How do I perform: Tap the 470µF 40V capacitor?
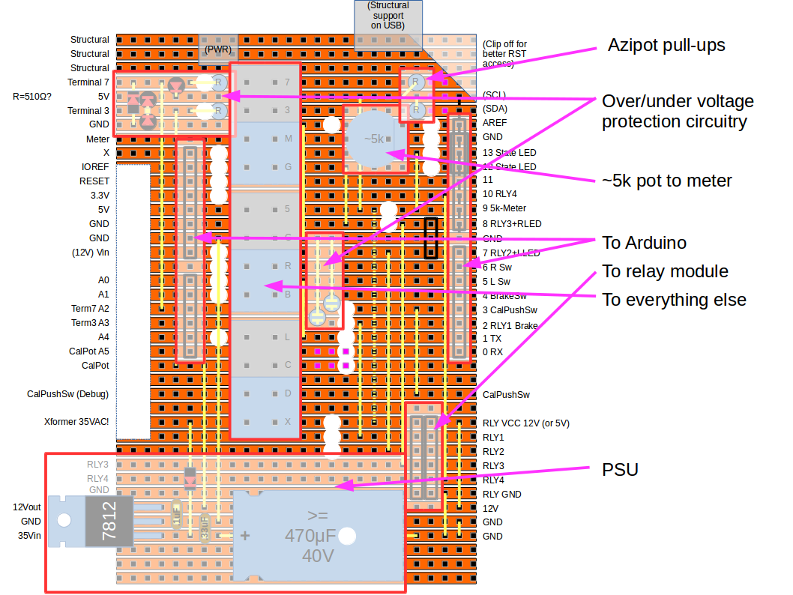pyautogui.click(x=319, y=535)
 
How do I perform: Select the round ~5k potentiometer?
pyautogui.click(x=374, y=139)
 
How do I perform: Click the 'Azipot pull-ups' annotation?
pyautogui.click(x=666, y=45)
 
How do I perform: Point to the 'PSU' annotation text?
pyautogui.click(x=620, y=470)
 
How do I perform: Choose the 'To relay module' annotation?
pyautogui.click(x=665, y=271)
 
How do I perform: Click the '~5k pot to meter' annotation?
pyautogui.click(x=667, y=181)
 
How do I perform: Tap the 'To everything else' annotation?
pyautogui.click(x=674, y=300)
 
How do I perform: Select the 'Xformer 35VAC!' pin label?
pyautogui.click(x=76, y=422)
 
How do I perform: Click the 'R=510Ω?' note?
pyautogui.click(x=32, y=97)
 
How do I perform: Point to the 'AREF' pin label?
pyautogui.click(x=494, y=123)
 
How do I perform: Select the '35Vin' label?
pyautogui.click(x=30, y=536)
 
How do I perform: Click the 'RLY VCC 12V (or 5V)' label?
pyautogui.click(x=525, y=423)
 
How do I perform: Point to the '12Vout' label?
pyautogui.click(x=27, y=507)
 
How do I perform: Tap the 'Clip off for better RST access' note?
pyautogui.click(x=505, y=53)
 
